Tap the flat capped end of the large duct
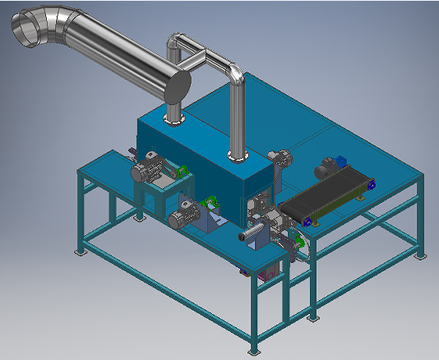click(x=178, y=86)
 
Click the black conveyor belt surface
click(x=326, y=194)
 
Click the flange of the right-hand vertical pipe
click(x=237, y=155)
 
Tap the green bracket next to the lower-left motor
click(x=211, y=202)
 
